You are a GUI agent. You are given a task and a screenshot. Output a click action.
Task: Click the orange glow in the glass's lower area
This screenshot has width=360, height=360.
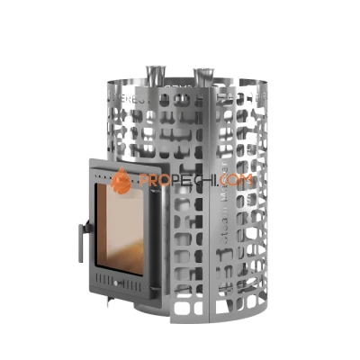(121, 256)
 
